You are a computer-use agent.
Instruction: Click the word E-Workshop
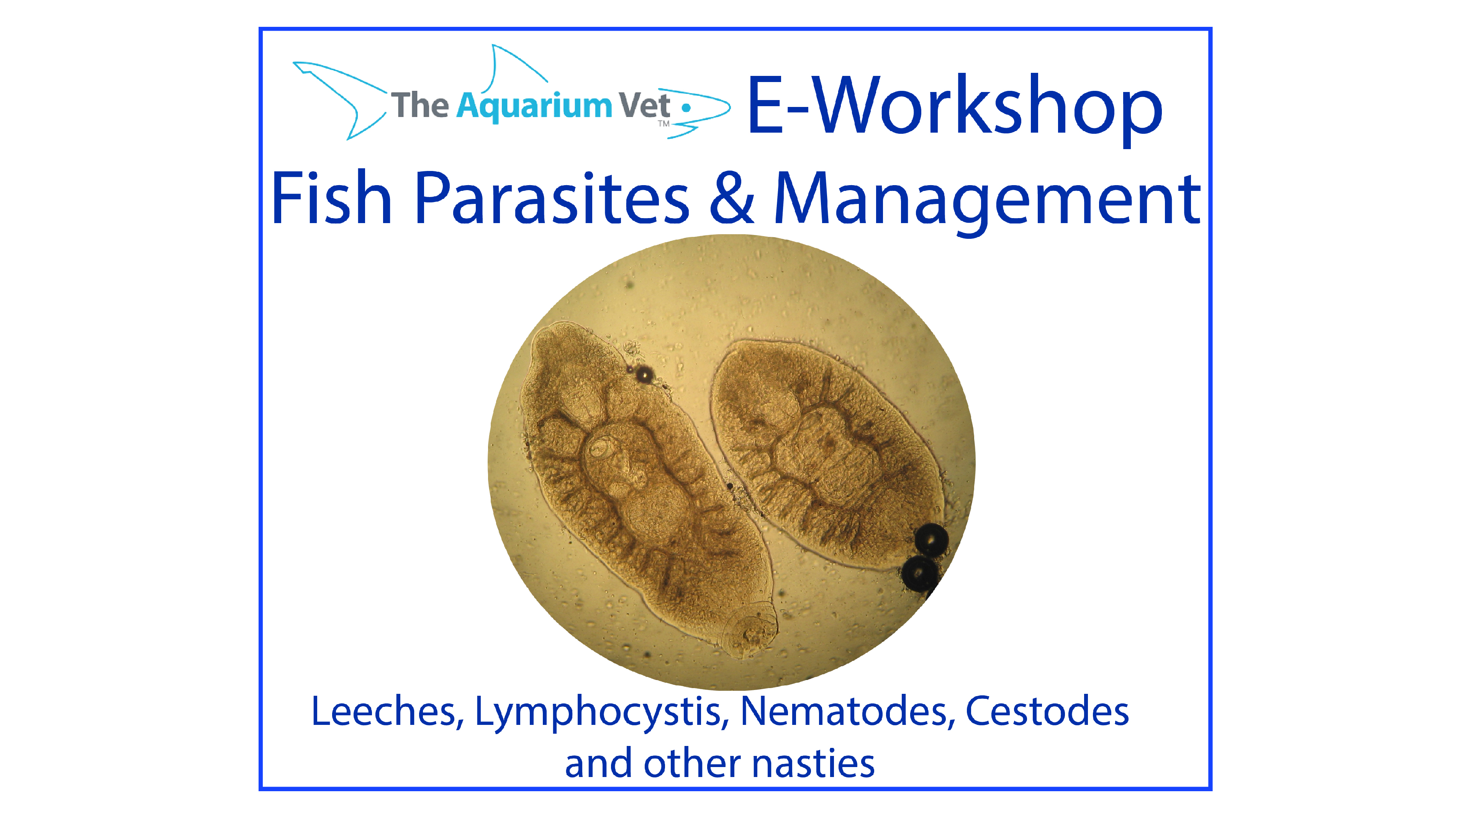pyautogui.click(x=955, y=107)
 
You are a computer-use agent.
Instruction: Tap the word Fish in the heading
pyautogui.click(x=332, y=198)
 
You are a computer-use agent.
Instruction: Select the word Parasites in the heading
pyautogui.click(x=552, y=198)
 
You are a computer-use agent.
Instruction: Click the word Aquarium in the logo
pyautogui.click(x=534, y=107)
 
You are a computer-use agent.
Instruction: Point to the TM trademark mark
pyautogui.click(x=663, y=123)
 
